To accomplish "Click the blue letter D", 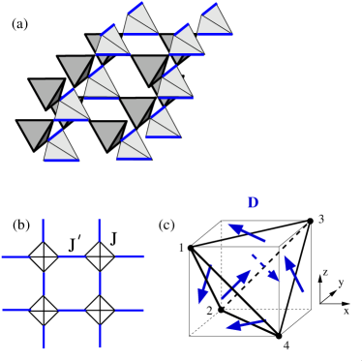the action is [253, 203].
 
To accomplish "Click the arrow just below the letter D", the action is [247, 232].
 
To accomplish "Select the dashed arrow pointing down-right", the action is [265, 268].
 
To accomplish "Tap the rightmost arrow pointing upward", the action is [293, 273].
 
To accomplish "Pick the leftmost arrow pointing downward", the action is [204, 284].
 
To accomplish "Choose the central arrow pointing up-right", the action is [236, 285].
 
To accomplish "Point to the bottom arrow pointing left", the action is [245, 324].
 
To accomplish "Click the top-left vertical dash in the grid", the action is [44, 229].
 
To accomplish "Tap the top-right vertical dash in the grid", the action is [100, 229].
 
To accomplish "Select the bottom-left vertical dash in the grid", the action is [44, 336].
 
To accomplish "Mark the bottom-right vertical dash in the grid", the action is [100, 336].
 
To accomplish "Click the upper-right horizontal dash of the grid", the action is [130, 256].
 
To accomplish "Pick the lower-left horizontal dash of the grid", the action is [16, 310].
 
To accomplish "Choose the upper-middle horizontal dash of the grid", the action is [72, 256].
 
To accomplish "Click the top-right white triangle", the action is [215, 22].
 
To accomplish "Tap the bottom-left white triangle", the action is [61, 147].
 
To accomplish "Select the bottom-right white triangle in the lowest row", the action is [134, 147].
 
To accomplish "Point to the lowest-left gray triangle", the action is [34, 134].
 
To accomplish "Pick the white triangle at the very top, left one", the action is [141, 22].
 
